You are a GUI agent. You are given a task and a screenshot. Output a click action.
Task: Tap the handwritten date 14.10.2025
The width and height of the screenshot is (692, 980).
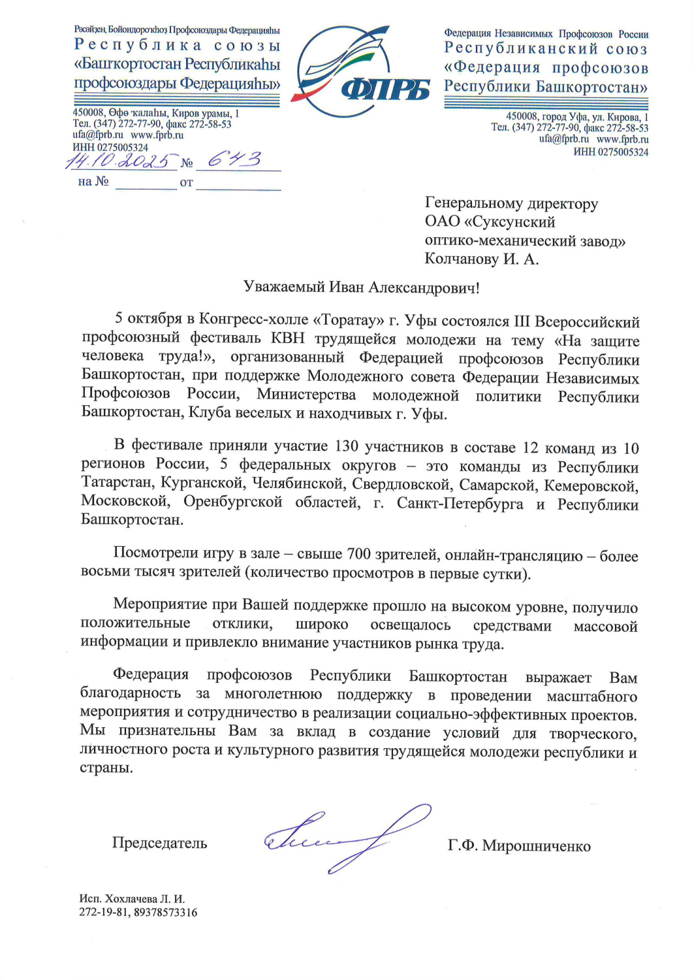point(121,161)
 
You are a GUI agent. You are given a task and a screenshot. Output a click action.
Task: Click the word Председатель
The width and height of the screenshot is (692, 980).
point(159,843)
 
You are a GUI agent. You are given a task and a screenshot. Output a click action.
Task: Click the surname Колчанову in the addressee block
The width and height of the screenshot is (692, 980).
point(462,259)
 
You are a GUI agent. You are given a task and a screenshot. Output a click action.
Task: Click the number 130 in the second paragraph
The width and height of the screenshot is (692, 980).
point(347,446)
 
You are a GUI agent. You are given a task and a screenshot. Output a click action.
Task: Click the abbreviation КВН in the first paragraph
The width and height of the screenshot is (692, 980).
point(287,338)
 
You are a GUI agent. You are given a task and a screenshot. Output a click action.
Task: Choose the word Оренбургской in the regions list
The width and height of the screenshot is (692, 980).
point(233,502)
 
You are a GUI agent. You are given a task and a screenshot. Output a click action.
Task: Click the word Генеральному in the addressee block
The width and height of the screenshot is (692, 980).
point(467,204)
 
